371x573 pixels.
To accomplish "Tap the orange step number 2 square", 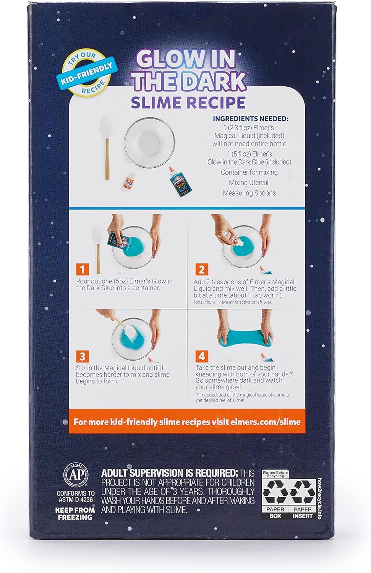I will click(202, 269).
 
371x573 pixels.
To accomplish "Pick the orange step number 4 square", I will click(202, 356).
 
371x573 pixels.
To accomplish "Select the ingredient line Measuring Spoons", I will click(249, 193).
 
